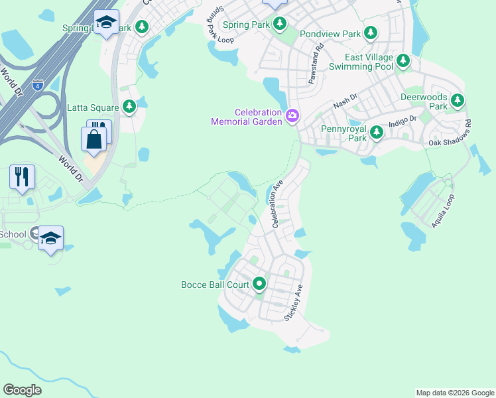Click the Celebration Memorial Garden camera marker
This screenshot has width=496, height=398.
coord(292,117)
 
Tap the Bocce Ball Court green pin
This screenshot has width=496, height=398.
coord(259,285)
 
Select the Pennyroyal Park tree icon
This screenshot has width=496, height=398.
coord(377,133)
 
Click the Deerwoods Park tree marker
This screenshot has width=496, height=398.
coord(457,101)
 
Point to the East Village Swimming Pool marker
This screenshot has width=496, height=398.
coord(403,62)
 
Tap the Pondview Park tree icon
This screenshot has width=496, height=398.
coord(371,33)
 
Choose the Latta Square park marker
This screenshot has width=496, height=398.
coord(129,106)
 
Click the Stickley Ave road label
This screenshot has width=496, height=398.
coord(293,304)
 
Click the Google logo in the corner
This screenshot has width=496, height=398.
coord(22,390)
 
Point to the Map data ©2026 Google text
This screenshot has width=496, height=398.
coord(455,393)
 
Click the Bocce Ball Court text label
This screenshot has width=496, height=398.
coord(215,285)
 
